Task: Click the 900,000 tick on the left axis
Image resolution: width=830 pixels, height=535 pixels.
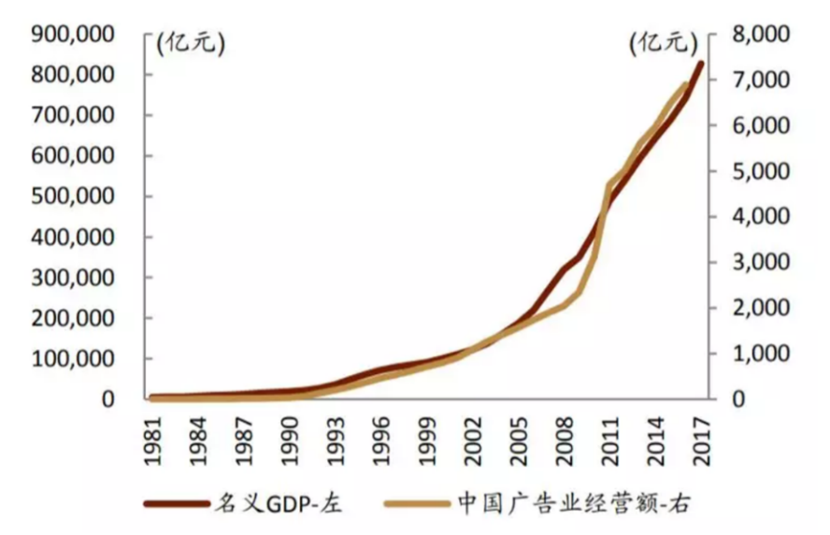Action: [77, 35]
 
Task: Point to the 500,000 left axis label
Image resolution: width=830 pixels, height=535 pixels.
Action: [77, 196]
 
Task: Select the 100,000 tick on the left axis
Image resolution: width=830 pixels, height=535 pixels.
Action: [77, 358]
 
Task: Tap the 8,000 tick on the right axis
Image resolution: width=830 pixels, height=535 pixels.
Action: [756, 35]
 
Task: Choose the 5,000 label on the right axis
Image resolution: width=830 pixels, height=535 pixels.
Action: [756, 171]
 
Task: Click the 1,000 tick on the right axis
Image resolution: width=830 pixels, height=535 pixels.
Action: [756, 354]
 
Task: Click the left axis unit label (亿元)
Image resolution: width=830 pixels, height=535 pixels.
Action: [191, 42]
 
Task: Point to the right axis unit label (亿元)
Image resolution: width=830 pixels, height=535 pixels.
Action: [663, 42]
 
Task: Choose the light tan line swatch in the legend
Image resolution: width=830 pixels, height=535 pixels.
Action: [417, 504]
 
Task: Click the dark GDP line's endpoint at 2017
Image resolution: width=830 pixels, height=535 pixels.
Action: [701, 65]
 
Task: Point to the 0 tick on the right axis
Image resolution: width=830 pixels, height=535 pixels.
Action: [742, 399]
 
